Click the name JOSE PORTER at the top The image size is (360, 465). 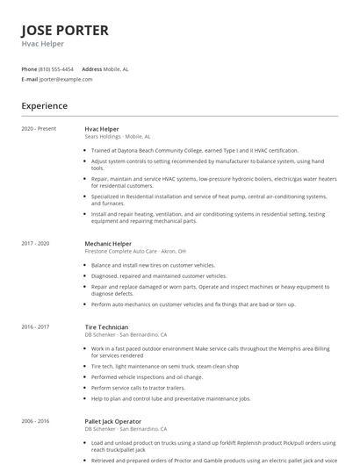tap(65, 30)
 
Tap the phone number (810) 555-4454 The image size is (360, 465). tap(57, 68)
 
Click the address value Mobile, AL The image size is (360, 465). tap(116, 68)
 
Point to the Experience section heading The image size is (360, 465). tap(45, 106)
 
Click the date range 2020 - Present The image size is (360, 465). tap(39, 129)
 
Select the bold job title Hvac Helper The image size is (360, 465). tap(102, 129)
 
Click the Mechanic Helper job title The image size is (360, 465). tap(108, 243)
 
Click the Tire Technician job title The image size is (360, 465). tap(106, 326)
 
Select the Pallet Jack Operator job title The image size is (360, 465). tap(113, 420)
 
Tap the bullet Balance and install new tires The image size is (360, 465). tap(153, 264)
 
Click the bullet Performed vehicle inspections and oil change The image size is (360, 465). tap(155, 378)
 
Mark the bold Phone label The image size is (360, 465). tap(29, 68)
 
